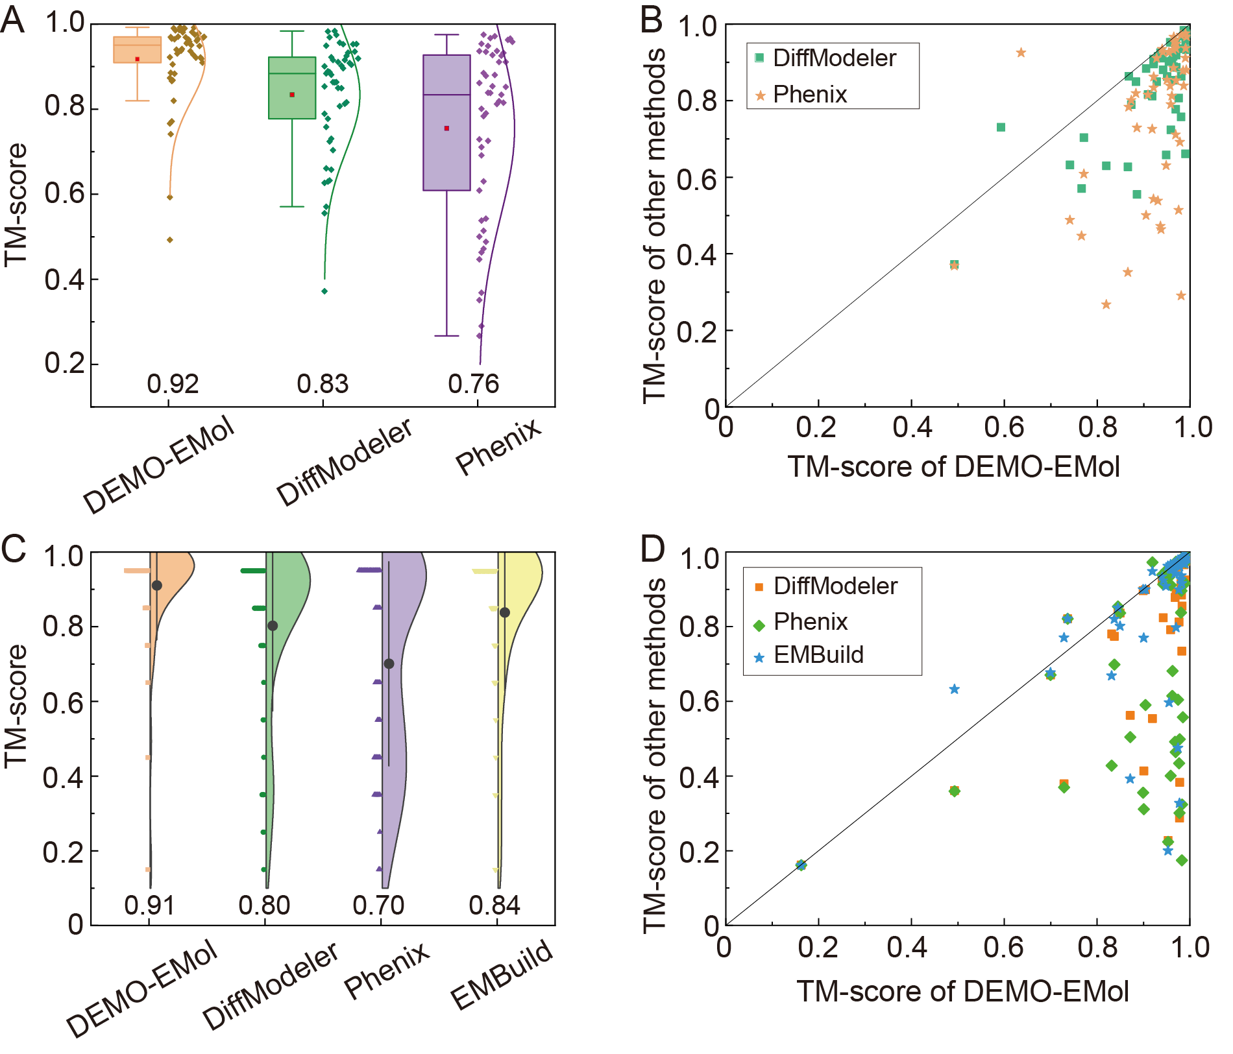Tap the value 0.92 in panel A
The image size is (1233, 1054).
(x=173, y=384)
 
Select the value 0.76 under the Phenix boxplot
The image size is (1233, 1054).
(x=473, y=384)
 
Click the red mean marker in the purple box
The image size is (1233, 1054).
(x=446, y=128)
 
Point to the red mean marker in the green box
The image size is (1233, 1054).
(x=292, y=95)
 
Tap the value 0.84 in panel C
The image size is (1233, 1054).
(x=494, y=905)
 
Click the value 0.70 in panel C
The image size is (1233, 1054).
(x=378, y=905)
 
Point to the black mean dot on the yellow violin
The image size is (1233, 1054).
(x=505, y=612)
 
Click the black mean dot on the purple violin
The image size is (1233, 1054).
(x=389, y=664)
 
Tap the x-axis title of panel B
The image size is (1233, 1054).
(x=954, y=466)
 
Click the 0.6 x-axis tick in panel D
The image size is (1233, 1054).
(x=1003, y=948)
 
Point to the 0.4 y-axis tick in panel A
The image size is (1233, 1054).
(x=65, y=280)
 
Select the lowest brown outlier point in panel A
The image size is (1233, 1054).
(x=170, y=240)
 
